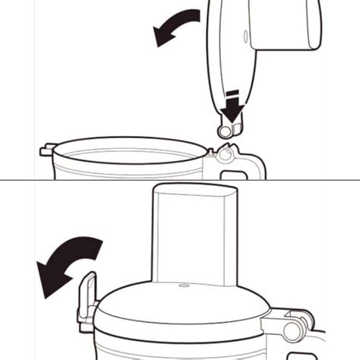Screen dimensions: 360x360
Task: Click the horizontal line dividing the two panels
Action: [x=180, y=180]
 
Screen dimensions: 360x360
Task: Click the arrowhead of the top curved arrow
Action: [x=161, y=35]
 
